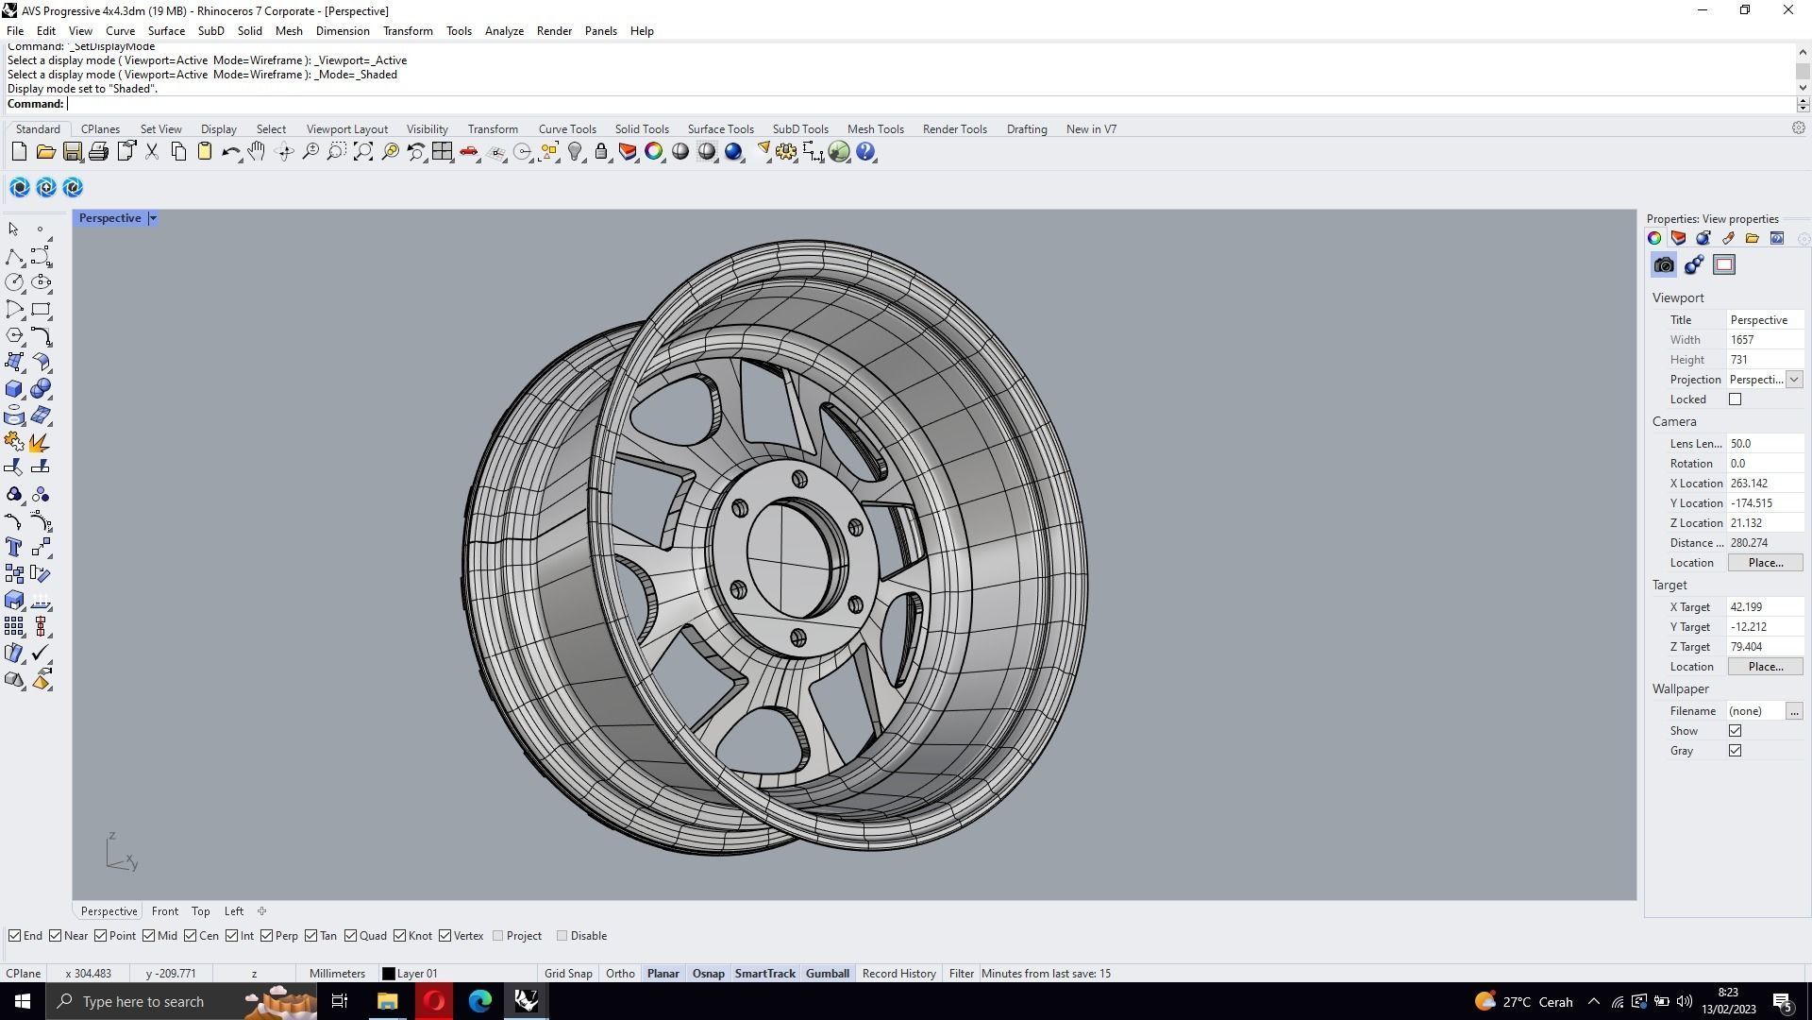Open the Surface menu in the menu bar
[166, 31]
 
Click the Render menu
[554, 31]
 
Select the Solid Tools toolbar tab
[642, 129]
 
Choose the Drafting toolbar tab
[1026, 129]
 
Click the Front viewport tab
[164, 911]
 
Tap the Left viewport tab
[233, 911]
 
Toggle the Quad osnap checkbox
[351, 936]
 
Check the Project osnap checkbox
[498, 936]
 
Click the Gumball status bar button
[827, 974]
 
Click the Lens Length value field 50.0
[1763, 444]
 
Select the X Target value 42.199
[1763, 607]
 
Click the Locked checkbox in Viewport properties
[1735, 399]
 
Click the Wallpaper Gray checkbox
[1735, 751]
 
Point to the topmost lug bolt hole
[799, 480]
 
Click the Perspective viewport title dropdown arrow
[153, 218]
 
